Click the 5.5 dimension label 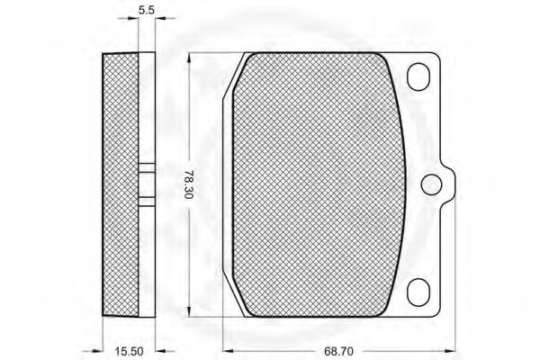tap(147, 10)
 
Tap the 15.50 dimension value tap(129, 351)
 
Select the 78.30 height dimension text tap(188, 184)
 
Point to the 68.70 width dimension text tap(339, 351)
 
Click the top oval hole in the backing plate tap(418, 76)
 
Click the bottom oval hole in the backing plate tap(418, 292)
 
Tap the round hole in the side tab tap(431, 184)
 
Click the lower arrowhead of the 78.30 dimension tap(189, 311)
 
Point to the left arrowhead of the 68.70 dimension tap(229, 351)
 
